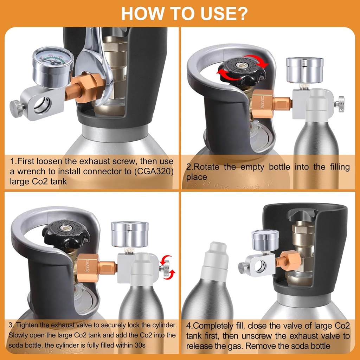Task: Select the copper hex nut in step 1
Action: click(88, 88)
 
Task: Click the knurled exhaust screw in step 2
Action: click(340, 104)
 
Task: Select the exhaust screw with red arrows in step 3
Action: click(165, 268)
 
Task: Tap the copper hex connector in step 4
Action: click(290, 260)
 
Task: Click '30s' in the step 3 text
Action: click(138, 345)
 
